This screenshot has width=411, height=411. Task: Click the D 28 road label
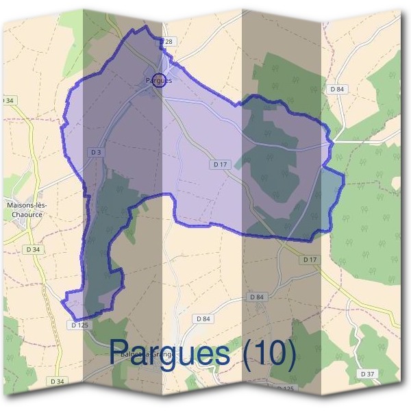pos(168,42)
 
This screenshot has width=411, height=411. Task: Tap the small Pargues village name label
pos(158,80)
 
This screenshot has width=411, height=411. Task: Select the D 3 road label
pos(95,151)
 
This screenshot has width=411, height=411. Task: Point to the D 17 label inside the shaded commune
pos(219,164)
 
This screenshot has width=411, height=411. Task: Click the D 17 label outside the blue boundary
pos(310,260)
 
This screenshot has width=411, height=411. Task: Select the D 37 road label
pos(367,373)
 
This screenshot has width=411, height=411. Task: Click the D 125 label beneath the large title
pos(284,388)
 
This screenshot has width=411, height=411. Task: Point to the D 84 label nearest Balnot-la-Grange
pos(203,319)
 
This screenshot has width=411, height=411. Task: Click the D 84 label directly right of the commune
pos(336,89)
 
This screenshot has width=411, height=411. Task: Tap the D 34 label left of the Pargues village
pos(8,101)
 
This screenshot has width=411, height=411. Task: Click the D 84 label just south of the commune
pos(256,297)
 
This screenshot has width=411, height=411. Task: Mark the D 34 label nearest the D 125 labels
pos(57,380)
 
